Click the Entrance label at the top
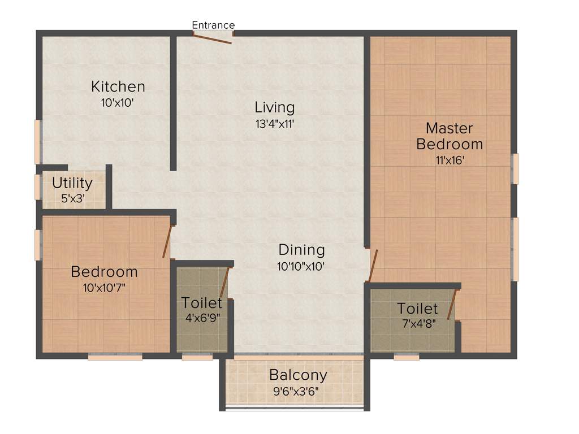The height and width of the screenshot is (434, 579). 213,25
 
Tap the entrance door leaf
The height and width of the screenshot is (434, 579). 212,38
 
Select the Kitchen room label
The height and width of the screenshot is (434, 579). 118,86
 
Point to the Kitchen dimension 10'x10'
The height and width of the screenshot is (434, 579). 118,103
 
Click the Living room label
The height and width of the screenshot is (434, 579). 274,107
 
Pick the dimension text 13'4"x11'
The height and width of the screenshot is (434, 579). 275,123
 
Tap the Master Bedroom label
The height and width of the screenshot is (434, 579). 450,136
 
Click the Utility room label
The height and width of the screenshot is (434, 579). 72,183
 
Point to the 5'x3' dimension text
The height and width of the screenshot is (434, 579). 72,198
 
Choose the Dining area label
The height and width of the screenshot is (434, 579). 301,250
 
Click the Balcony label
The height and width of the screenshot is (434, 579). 298,375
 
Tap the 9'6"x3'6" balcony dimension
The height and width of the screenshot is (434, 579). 298,391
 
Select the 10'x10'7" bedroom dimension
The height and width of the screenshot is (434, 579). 104,287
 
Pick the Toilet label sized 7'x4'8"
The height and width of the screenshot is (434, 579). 417,309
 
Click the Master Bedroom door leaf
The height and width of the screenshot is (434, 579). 373,266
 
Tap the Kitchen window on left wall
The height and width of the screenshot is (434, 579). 38,142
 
